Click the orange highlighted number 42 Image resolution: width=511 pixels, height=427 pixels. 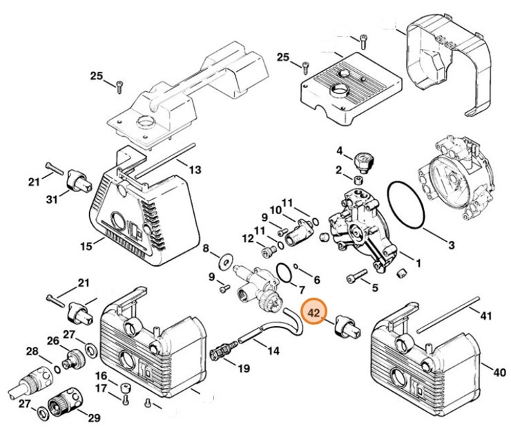314,313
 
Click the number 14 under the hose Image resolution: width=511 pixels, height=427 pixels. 273,351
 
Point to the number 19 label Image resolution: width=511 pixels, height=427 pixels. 243,368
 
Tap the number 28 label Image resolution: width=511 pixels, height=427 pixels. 32,352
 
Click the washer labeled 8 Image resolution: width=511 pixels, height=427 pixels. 225,262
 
